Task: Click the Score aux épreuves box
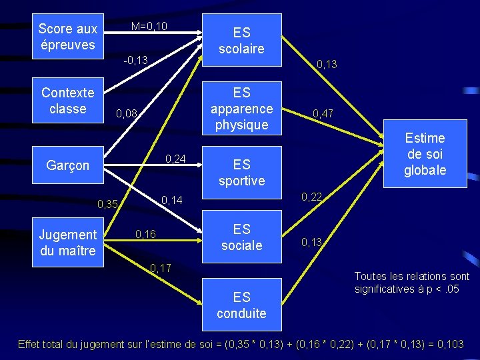tap(67, 37)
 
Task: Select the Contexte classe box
tap(67, 100)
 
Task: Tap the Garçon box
tap(67, 165)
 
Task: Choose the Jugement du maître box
tap(67, 243)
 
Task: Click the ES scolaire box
tap(241, 40)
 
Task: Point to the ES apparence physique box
tap(241, 108)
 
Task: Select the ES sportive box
tap(241, 172)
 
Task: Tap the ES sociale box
tap(241, 237)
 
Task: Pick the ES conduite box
tap(241, 305)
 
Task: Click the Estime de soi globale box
tap(425, 154)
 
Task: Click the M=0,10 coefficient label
tap(149, 27)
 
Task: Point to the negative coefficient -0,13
tap(135, 60)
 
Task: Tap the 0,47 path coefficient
tap(324, 114)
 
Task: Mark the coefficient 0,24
tap(175, 158)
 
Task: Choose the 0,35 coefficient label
tap(107, 204)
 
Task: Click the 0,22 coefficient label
tap(311, 197)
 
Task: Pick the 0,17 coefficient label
tap(161, 269)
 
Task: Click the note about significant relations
tap(411, 282)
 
